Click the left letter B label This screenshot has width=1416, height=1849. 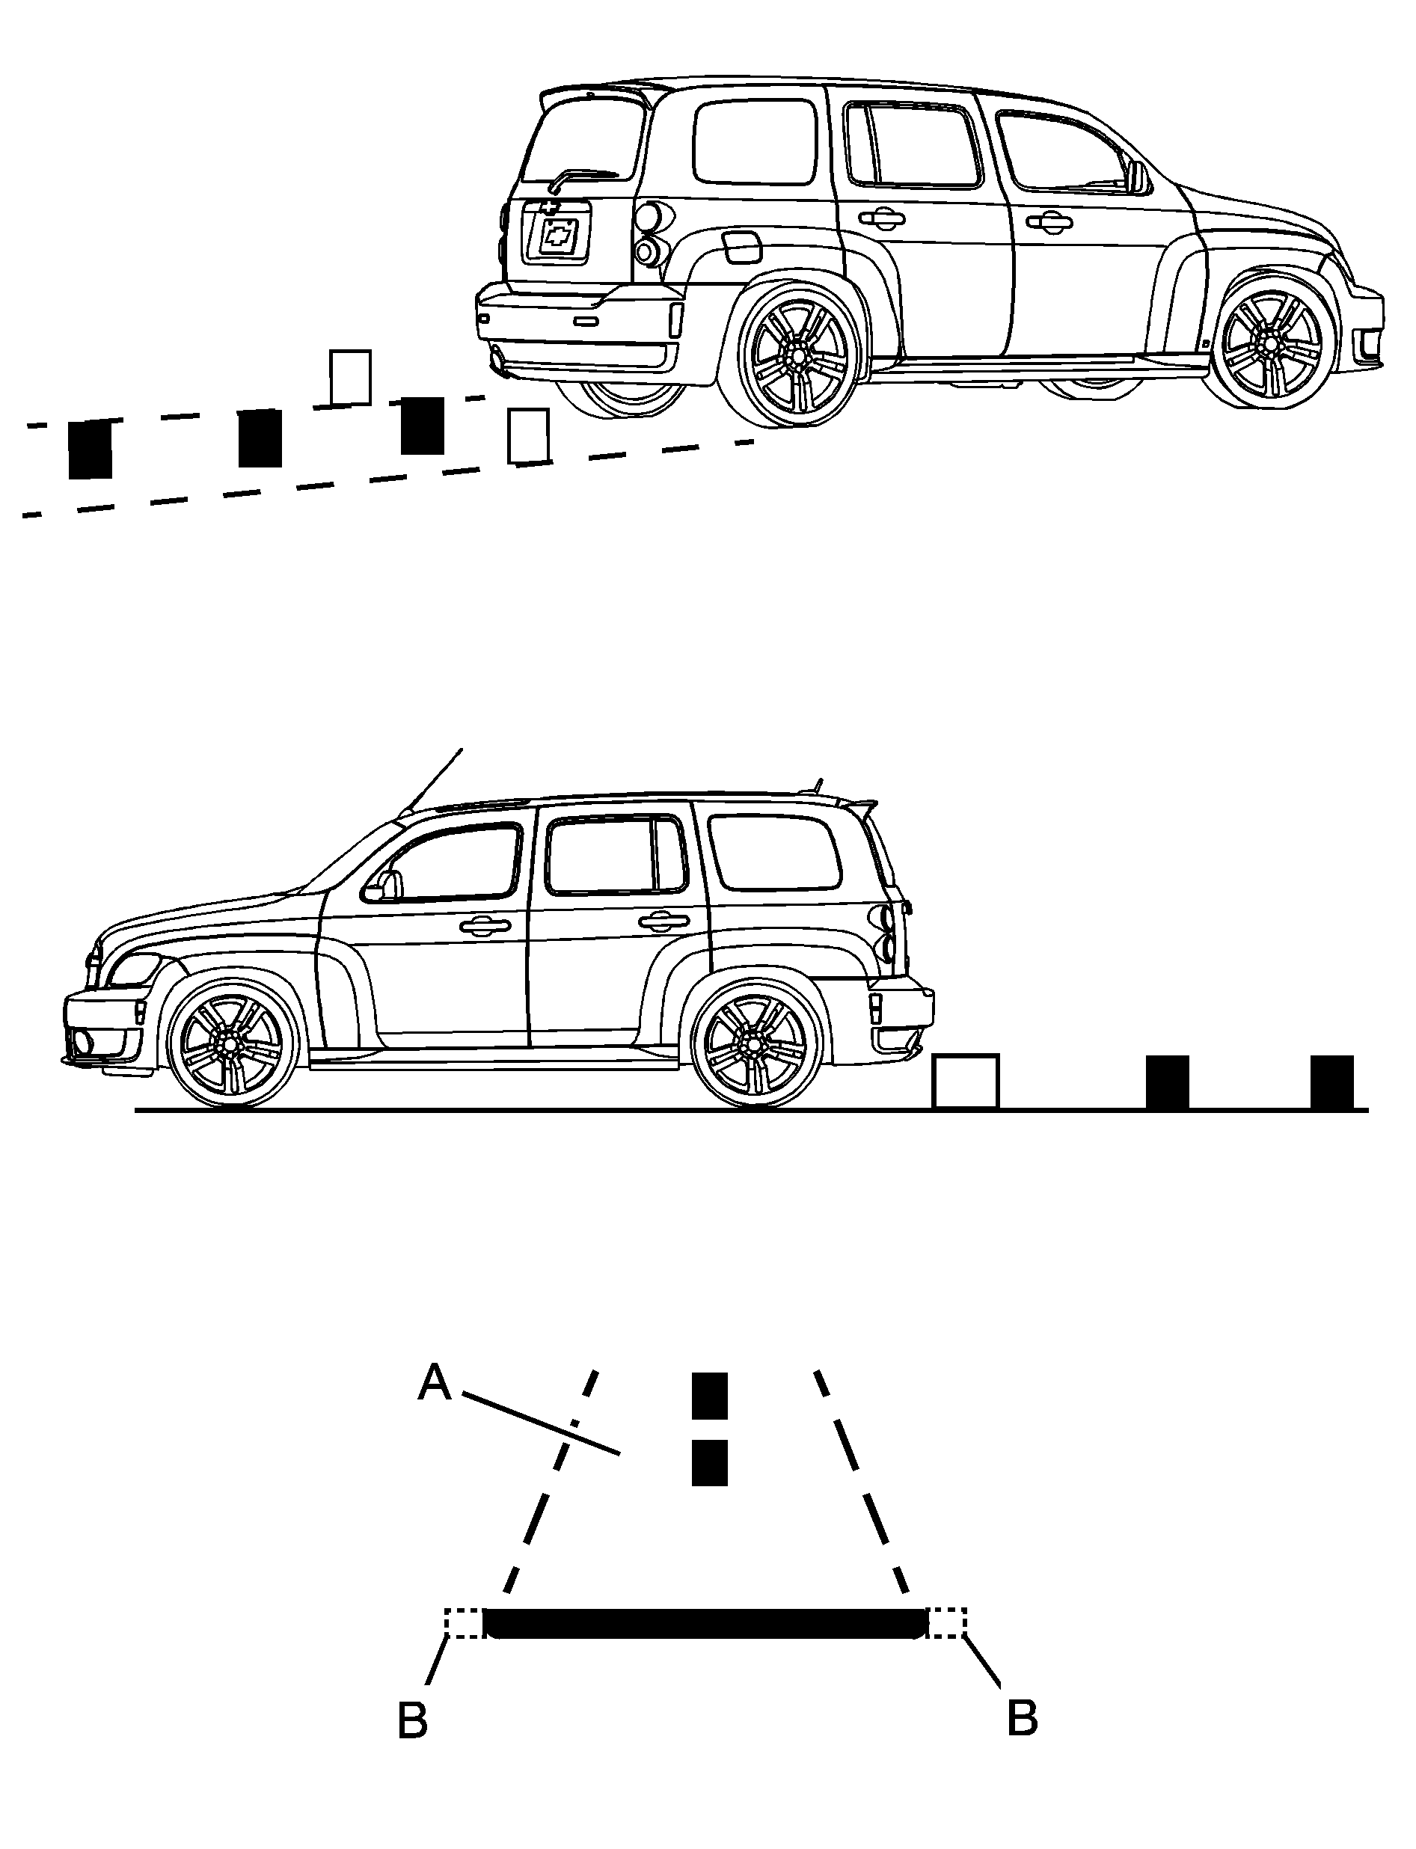412,1721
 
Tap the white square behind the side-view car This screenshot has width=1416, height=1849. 965,1082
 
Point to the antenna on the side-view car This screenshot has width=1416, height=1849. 434,779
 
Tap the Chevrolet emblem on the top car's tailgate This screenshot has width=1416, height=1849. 557,236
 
